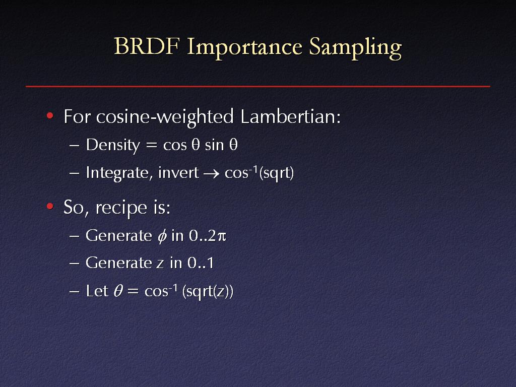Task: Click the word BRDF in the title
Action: pos(147,46)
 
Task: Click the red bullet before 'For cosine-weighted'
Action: pos(50,115)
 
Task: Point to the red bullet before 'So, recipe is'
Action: pos(50,206)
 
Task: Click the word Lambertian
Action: pos(291,116)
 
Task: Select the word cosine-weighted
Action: pos(165,117)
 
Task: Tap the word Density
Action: pos(113,145)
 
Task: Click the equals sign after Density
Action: pos(151,146)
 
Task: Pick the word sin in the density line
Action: pos(214,145)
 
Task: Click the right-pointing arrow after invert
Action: pos(211,173)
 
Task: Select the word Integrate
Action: pos(117,173)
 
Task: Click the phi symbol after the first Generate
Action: pos(162,236)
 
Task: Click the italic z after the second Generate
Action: pos(160,264)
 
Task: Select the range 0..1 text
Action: pos(201,263)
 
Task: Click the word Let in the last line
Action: pos(97,291)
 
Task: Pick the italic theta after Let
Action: pos(118,291)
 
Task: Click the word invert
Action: pos(178,172)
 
